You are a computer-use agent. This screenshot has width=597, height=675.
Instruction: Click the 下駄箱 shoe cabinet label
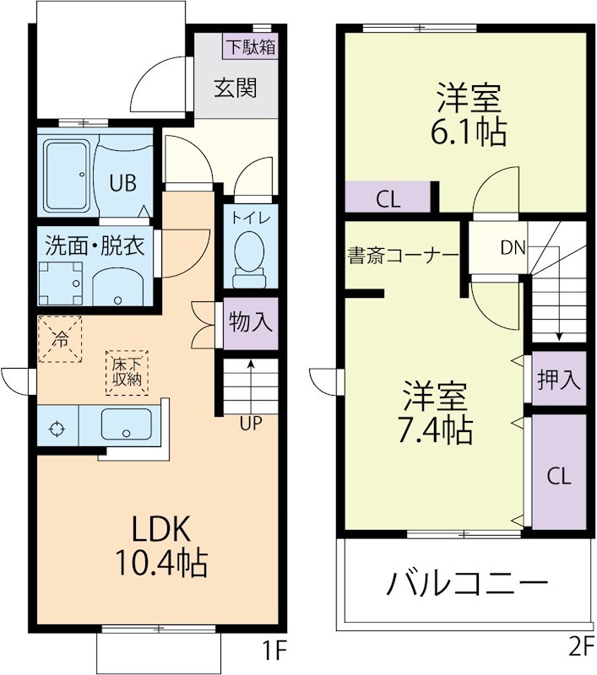[250, 46]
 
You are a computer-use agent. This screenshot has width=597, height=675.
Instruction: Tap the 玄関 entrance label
[234, 89]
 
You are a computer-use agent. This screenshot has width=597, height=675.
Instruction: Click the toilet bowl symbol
[249, 254]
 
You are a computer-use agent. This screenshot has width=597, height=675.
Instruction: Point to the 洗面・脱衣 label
[95, 246]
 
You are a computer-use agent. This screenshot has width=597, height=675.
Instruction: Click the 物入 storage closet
[251, 322]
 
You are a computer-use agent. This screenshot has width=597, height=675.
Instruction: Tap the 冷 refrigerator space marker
[60, 339]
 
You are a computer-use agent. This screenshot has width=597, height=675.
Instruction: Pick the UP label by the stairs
[251, 424]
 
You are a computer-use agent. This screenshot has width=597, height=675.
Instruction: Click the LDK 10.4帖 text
[169, 546]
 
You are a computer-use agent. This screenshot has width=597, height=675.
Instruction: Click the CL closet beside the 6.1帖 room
[388, 200]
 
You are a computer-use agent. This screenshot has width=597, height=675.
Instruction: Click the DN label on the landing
[513, 248]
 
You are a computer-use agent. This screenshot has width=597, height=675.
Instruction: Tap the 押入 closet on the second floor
[559, 380]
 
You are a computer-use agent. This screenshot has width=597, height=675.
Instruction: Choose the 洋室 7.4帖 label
[436, 413]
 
